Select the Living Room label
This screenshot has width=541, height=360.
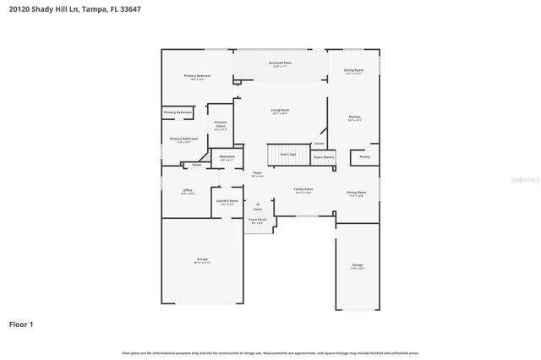(x=280, y=111)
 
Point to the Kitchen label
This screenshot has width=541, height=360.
(x=355, y=117)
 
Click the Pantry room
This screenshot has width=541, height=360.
(x=364, y=156)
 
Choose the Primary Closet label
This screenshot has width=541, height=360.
(x=220, y=125)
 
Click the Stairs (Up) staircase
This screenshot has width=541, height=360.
(x=288, y=155)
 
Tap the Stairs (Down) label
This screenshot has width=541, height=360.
(x=324, y=157)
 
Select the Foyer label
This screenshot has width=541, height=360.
(x=257, y=173)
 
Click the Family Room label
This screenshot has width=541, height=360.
(x=303, y=190)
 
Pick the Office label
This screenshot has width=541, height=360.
(x=188, y=191)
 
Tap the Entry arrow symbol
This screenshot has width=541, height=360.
(x=258, y=203)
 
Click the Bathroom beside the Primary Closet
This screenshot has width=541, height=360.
(x=227, y=157)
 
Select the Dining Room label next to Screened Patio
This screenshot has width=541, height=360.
(x=353, y=70)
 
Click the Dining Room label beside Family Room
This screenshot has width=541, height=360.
(x=356, y=193)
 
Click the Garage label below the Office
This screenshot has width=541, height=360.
(x=202, y=259)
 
